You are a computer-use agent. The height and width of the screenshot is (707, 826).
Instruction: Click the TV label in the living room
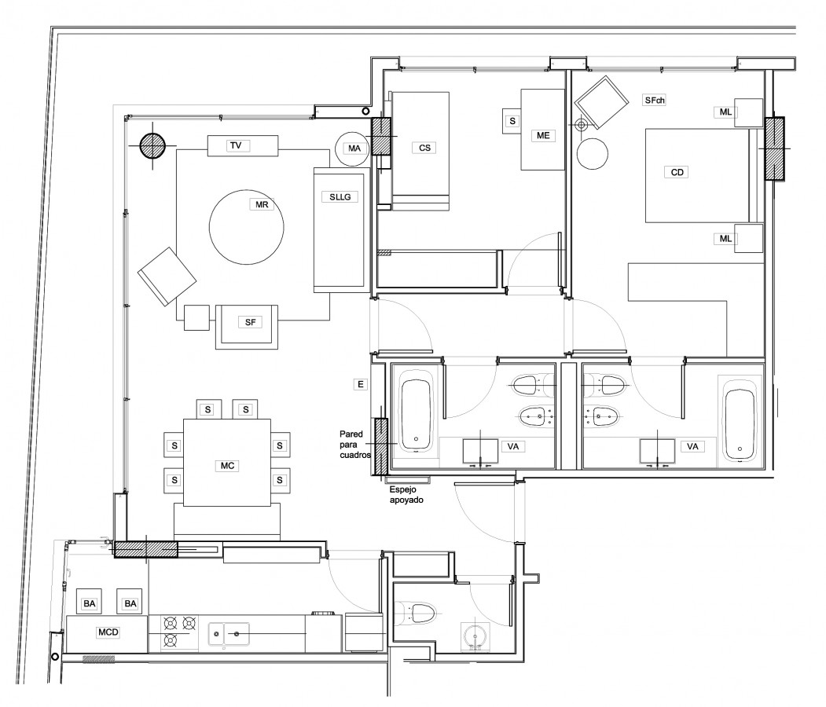[x=236, y=145]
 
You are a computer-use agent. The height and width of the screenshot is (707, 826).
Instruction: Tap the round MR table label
[x=262, y=204]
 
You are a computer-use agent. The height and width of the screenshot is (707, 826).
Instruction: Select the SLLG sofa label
[x=340, y=197]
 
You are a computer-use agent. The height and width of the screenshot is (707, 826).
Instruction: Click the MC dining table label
[x=228, y=465]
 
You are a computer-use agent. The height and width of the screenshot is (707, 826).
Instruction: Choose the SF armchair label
[x=250, y=322]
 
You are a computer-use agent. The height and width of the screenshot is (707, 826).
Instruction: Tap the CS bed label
[x=424, y=148]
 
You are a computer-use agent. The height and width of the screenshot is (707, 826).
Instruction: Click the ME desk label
[x=543, y=135]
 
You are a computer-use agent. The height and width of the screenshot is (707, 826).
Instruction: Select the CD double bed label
[x=677, y=172]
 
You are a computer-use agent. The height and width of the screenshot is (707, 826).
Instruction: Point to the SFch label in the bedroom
[x=655, y=100]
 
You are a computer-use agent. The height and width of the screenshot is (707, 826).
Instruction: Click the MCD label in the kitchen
[x=108, y=632]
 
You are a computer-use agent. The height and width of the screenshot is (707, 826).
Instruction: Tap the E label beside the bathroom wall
[x=360, y=384]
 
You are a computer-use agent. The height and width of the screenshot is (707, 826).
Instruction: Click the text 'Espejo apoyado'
[x=406, y=494]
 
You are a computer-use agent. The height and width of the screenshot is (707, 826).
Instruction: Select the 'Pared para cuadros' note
[x=355, y=445]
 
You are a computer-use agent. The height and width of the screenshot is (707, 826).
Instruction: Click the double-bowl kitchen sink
[x=229, y=635]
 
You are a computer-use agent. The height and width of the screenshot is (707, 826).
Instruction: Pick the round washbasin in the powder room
[x=476, y=636]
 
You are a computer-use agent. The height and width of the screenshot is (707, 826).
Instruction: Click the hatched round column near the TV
[x=152, y=146]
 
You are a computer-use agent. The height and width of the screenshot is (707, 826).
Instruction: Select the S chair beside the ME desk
[x=512, y=121]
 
